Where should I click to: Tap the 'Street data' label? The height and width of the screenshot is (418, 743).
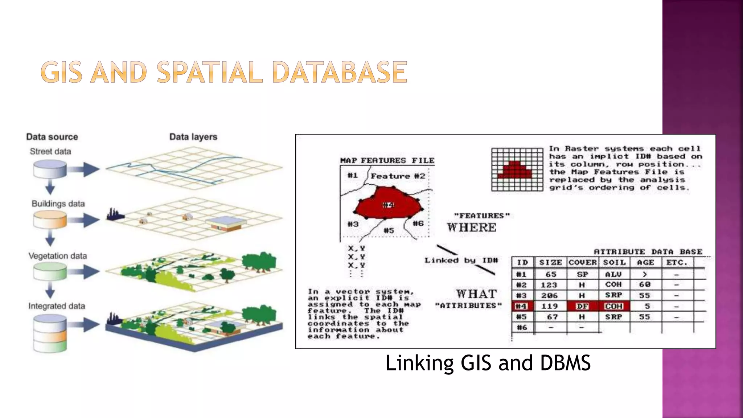(50, 151)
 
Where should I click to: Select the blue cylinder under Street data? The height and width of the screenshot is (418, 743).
(50, 169)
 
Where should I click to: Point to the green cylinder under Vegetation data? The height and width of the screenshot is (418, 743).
(50, 271)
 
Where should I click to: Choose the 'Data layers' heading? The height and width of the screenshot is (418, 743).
(193, 137)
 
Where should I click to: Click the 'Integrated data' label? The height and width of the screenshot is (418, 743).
(57, 306)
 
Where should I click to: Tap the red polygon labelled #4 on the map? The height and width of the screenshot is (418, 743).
(387, 204)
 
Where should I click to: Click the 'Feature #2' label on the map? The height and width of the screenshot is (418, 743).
(398, 176)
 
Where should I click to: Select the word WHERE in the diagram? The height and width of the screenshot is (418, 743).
(471, 228)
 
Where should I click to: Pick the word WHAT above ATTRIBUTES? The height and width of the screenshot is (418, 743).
(476, 294)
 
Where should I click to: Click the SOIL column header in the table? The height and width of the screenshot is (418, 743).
(614, 262)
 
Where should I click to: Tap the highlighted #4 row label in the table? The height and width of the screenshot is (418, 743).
(521, 306)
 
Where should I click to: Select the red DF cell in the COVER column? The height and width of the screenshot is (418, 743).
(582, 306)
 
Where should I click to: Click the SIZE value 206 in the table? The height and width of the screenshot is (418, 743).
(549, 295)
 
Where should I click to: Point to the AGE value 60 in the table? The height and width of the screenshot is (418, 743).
(645, 284)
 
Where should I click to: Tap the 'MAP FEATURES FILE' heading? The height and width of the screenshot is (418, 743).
(387, 160)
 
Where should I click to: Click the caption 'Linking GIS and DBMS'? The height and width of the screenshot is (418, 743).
(488, 363)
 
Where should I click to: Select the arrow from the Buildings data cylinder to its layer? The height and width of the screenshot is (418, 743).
(84, 220)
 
